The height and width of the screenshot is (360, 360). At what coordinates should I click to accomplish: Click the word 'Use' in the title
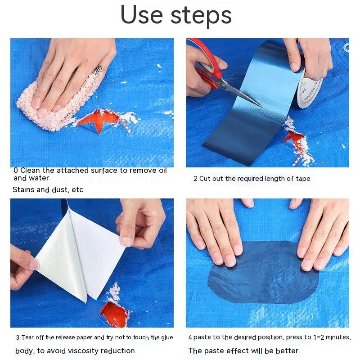(142, 15)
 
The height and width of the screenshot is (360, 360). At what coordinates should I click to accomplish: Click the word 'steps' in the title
(201, 16)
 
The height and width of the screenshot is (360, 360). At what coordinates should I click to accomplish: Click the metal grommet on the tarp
(346, 48)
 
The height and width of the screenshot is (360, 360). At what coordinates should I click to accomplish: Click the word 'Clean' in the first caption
(31, 171)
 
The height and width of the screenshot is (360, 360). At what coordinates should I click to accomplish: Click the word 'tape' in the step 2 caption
(303, 179)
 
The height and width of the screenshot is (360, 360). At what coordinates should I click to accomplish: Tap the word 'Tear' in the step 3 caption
(27, 337)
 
